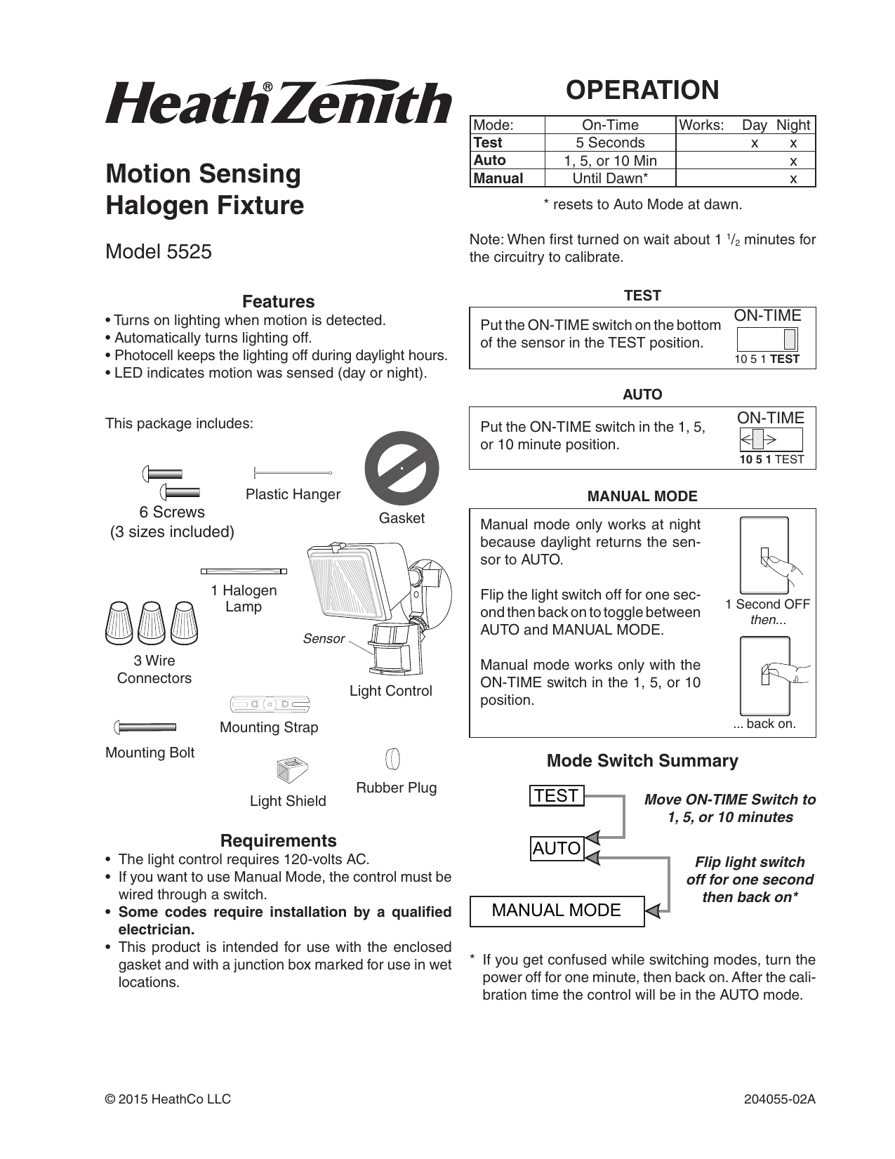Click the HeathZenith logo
278,102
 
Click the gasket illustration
402,468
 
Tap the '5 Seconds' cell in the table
609,143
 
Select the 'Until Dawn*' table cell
609,178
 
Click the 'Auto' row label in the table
490,160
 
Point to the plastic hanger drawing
291,473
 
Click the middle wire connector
152,622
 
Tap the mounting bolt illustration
146,727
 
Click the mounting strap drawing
270,703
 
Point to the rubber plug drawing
393,759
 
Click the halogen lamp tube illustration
244,571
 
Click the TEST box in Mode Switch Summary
557,795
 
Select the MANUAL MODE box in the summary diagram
557,910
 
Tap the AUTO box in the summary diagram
557,849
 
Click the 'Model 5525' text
159,251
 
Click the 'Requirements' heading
278,840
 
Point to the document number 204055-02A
779,1099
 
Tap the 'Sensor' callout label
324,639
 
